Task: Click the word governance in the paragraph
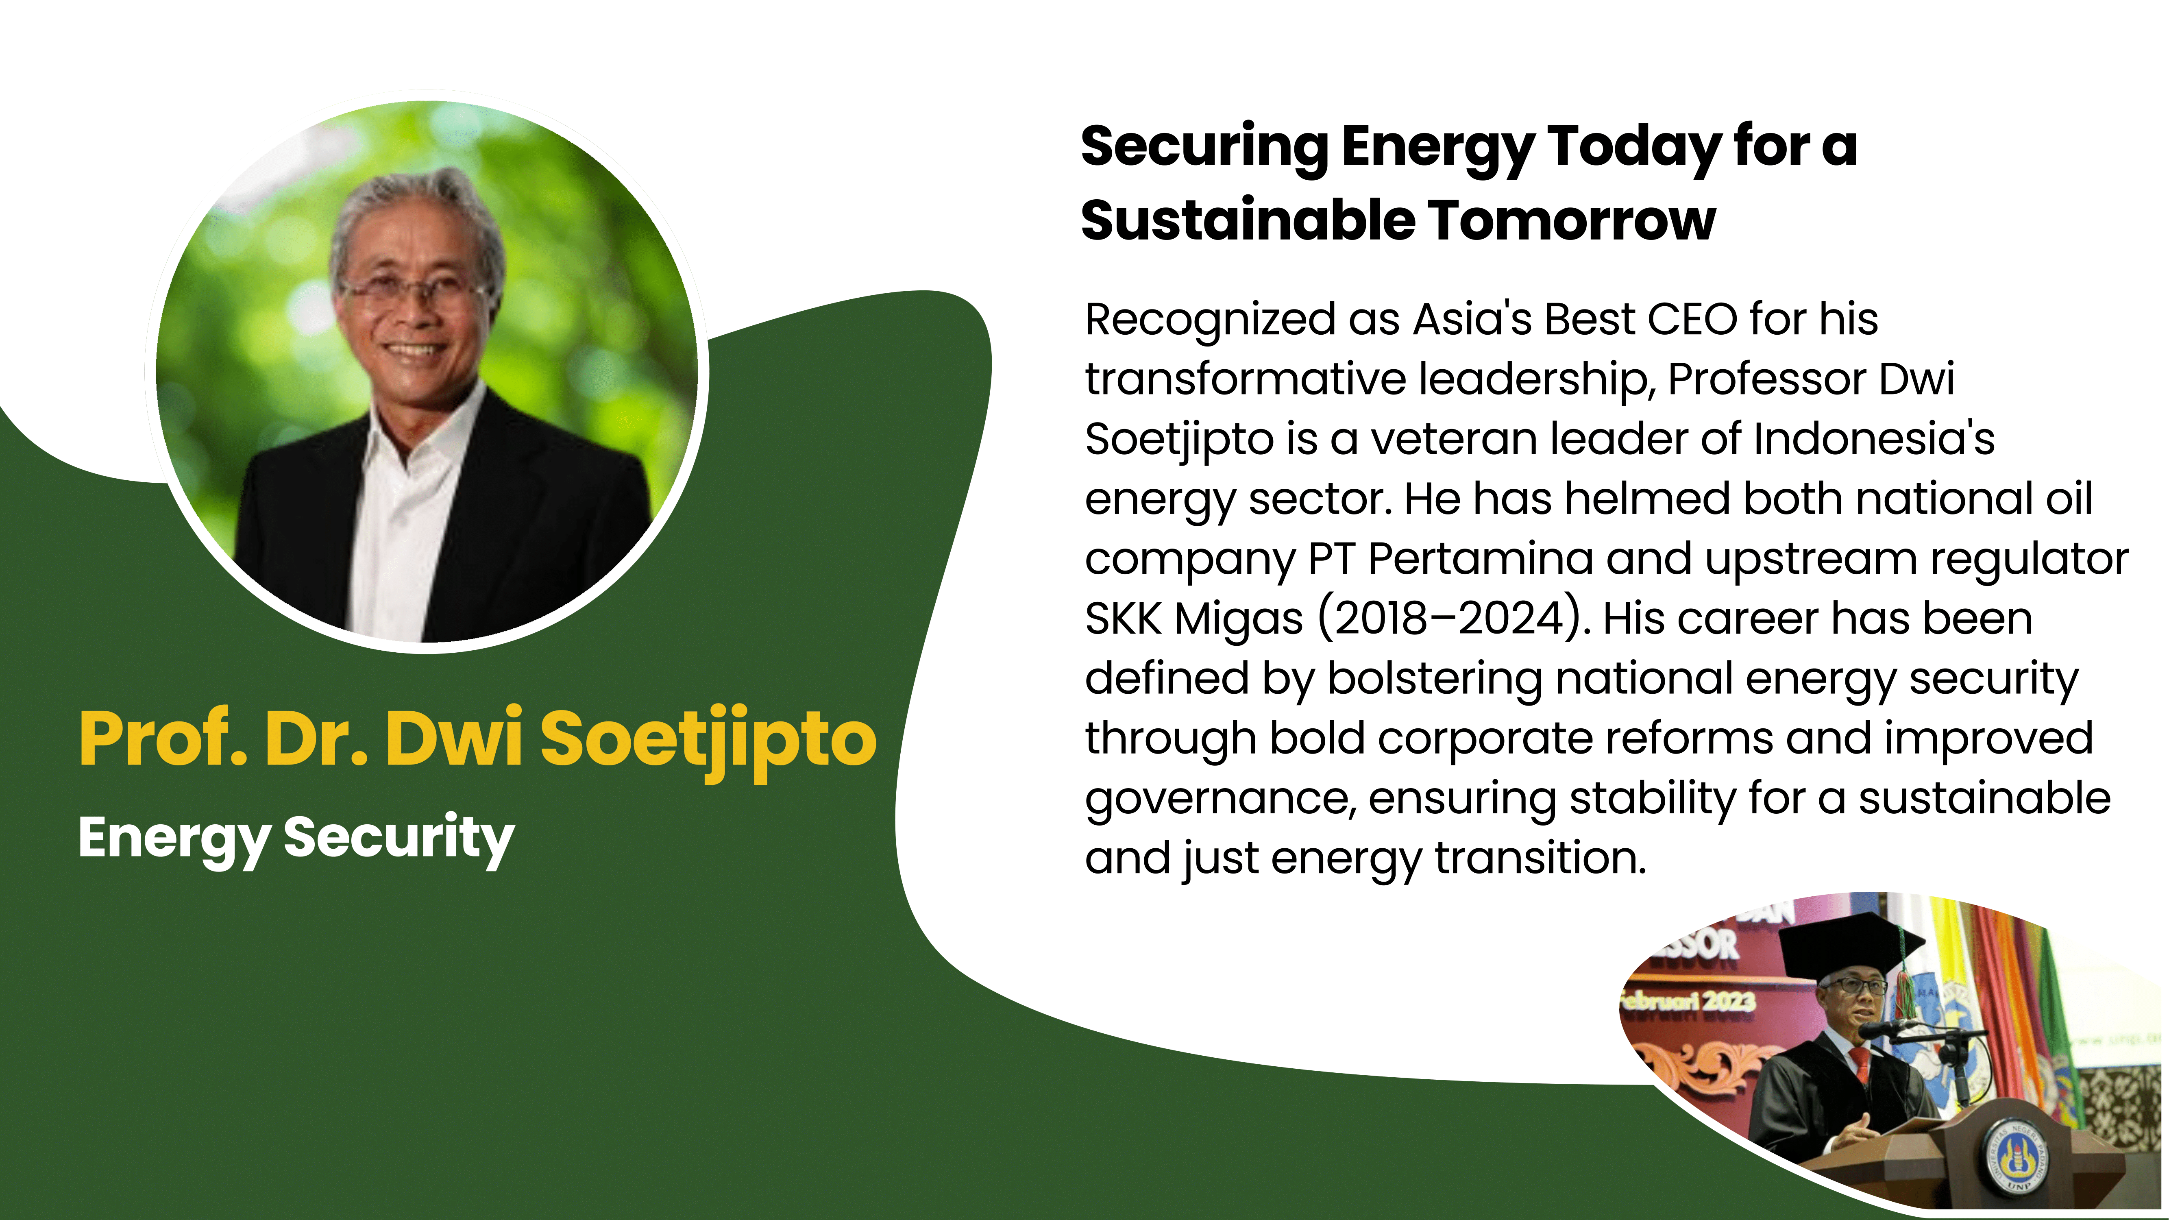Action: (x=1219, y=800)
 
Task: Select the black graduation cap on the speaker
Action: (x=1844, y=947)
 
